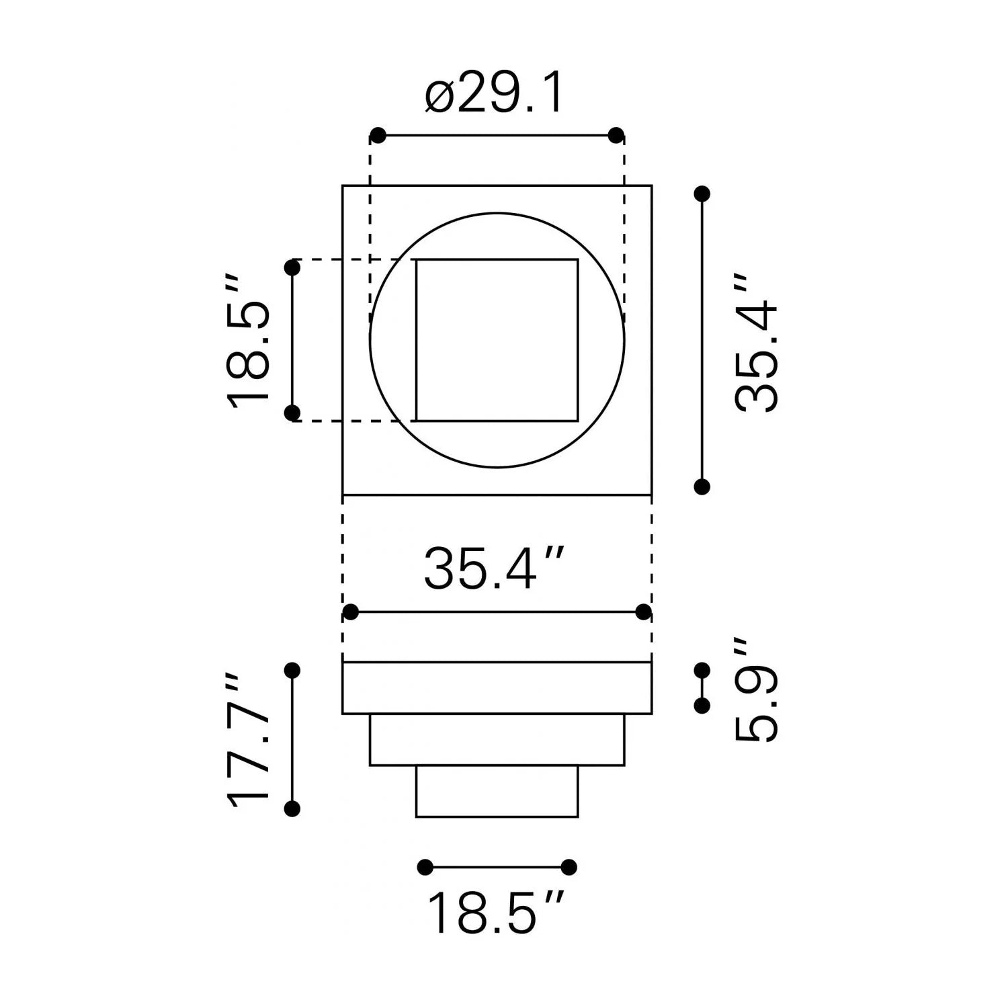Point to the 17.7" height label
(248, 740)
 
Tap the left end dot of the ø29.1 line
(378, 135)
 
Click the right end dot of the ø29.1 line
(616, 135)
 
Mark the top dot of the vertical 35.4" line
(702, 194)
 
